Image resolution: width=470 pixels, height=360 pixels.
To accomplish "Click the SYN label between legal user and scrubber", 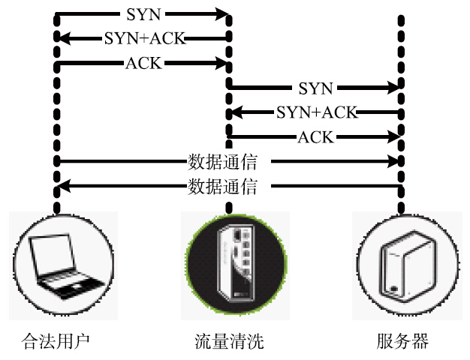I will (143, 13).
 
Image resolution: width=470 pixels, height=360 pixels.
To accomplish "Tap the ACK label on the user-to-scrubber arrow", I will (143, 63).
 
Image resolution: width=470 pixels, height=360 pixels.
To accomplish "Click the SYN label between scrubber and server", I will (315, 88).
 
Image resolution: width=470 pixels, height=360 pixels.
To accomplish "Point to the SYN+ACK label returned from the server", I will (316, 112).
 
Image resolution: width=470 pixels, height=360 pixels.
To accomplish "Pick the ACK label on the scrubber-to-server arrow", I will (315, 137).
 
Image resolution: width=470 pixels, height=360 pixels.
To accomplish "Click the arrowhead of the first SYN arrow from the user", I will (223, 13).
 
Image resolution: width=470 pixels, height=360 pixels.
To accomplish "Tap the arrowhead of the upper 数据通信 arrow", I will (394, 161).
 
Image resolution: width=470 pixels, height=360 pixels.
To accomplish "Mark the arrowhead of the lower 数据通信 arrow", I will (63, 186).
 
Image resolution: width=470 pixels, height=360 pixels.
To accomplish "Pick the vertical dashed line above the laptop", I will (56, 112).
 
